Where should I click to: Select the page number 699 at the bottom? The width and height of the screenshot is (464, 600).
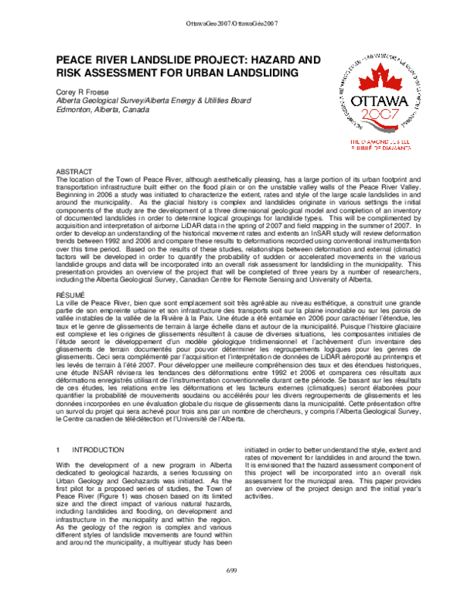coord(231,591)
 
